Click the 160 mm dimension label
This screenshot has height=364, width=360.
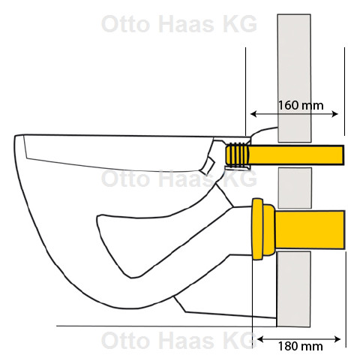point(301,105)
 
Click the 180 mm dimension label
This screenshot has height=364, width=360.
point(300,347)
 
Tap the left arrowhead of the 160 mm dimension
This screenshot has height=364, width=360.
point(253,114)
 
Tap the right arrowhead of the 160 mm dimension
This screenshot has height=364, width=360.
point(334,114)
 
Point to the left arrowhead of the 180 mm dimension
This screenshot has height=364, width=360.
point(260,339)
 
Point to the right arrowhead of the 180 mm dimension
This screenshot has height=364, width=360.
point(337,339)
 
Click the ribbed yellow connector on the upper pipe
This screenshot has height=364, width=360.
point(237,155)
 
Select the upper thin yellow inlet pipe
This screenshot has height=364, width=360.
point(296,155)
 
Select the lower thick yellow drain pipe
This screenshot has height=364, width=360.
point(310,230)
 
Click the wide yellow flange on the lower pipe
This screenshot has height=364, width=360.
point(257,229)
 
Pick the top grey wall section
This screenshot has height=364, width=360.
point(294,78)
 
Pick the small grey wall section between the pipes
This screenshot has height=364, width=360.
point(295,188)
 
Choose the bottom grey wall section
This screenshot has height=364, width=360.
point(293,289)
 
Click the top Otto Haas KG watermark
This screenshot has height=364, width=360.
point(179,24)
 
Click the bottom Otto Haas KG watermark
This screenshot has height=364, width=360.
point(179,341)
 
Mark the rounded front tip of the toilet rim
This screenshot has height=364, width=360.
point(15,137)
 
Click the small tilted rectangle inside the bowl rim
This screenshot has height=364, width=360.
point(208,166)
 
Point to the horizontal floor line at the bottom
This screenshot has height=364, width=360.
point(166,326)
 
